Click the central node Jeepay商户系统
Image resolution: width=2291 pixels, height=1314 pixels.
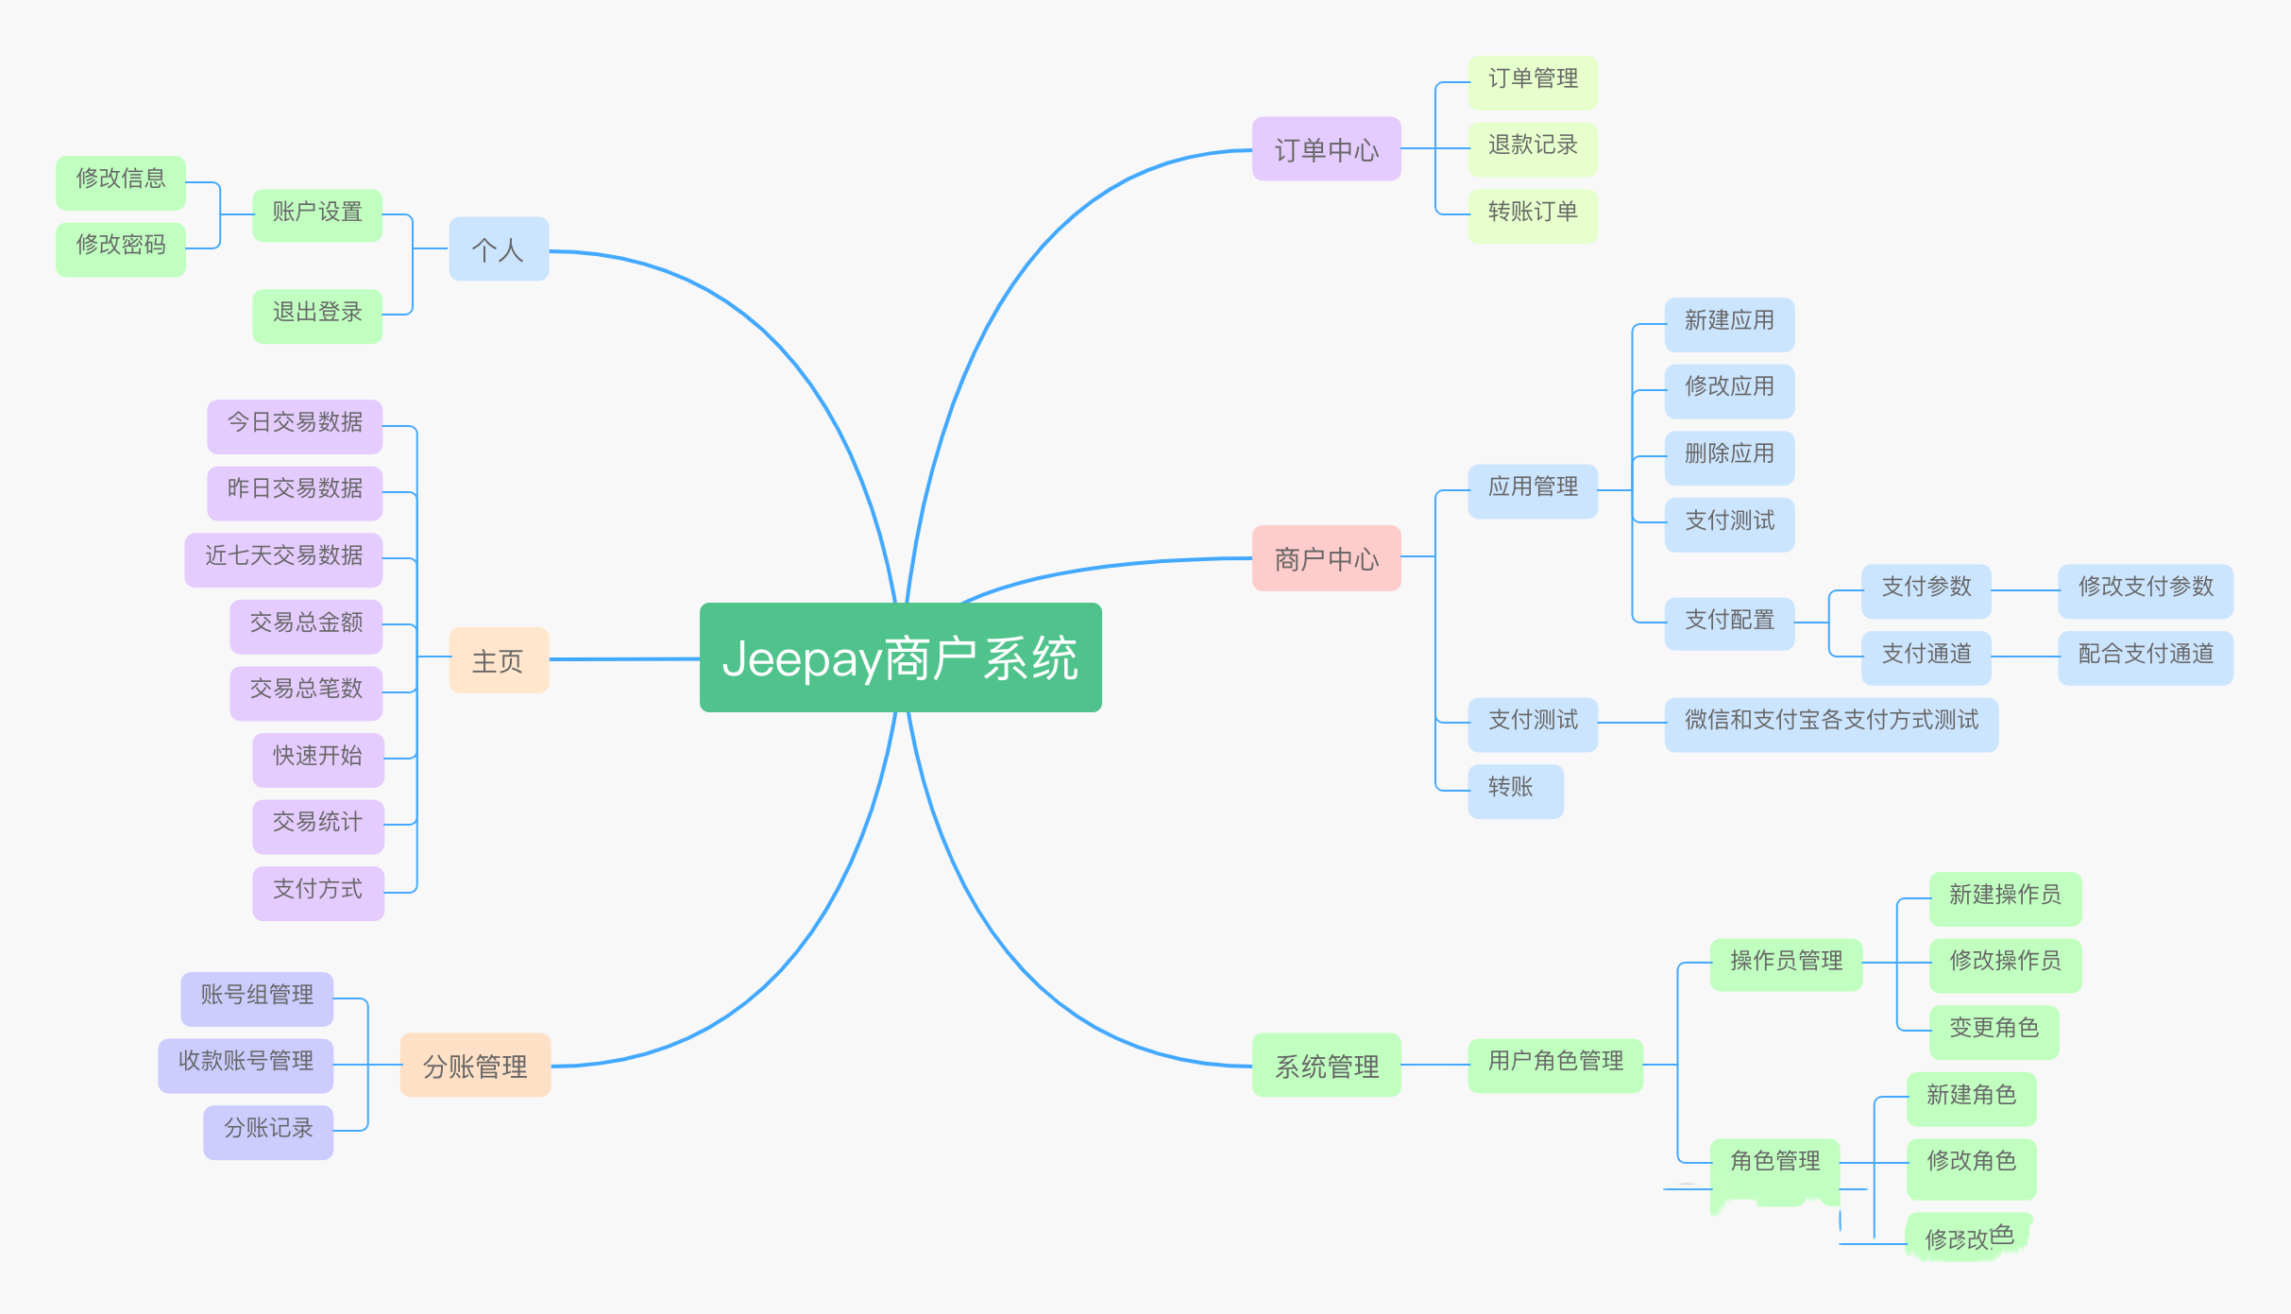tap(900, 657)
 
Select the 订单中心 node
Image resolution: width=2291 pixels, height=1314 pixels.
tap(1326, 149)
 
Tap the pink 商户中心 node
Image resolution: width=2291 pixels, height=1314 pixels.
tap(1326, 558)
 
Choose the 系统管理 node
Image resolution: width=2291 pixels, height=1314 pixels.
tap(1326, 1066)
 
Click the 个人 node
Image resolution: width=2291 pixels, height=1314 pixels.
tap(499, 249)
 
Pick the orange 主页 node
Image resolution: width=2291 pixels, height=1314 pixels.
tap(499, 660)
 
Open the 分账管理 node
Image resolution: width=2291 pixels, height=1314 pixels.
tap(475, 1066)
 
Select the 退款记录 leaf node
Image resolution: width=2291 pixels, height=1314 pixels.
tap(1532, 145)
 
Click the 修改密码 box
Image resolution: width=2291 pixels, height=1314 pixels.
tap(121, 246)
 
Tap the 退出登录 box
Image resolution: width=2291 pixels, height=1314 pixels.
tap(317, 313)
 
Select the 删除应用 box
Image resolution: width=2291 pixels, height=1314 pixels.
tap(1728, 454)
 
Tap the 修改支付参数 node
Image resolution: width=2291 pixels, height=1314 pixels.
tap(2145, 588)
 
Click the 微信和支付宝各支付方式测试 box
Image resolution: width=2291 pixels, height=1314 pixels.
tap(1830, 721)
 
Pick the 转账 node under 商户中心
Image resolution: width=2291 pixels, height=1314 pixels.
tap(1515, 788)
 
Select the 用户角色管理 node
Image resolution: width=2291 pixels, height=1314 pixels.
tap(1554, 1062)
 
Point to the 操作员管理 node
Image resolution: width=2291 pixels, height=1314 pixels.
tap(1785, 962)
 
